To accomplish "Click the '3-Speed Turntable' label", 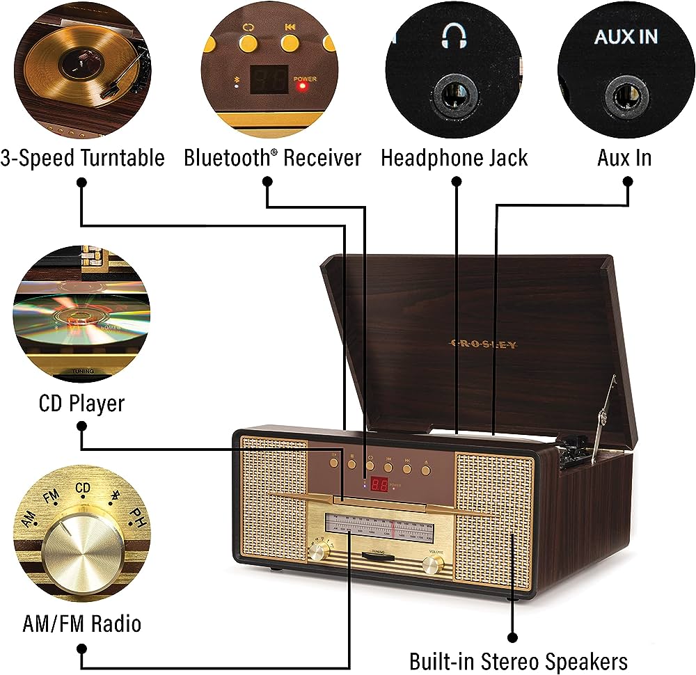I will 83,157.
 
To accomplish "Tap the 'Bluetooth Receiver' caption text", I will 272,157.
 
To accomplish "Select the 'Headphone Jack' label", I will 454,157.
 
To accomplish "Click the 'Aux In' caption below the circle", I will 624,157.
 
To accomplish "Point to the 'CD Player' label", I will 81,403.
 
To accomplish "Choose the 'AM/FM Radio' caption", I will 81,623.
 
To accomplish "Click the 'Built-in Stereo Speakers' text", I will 519,660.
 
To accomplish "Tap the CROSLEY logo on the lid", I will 484,344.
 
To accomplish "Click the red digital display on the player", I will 379,484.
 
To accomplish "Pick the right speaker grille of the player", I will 495,518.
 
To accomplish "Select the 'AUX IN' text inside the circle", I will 626,37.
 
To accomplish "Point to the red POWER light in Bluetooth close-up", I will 301,88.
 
